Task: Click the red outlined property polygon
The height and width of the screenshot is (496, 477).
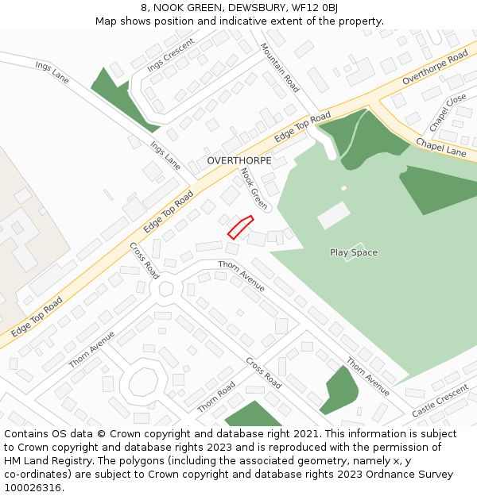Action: tap(240, 227)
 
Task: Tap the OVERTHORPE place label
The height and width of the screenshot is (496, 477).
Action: tap(239, 160)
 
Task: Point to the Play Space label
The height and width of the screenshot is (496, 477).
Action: tap(354, 252)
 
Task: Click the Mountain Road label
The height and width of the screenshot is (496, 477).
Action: tap(280, 67)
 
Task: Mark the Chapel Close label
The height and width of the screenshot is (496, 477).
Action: tap(448, 113)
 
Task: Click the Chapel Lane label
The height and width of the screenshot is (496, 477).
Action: tap(441, 147)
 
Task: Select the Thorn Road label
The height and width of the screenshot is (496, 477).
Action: tap(216, 396)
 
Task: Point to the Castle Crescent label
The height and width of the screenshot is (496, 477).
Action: tap(440, 403)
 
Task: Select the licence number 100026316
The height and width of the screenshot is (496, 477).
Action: tap(34, 487)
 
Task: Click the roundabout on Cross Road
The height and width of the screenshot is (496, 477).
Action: tap(166, 288)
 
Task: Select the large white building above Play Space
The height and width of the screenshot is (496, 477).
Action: tap(334, 214)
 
